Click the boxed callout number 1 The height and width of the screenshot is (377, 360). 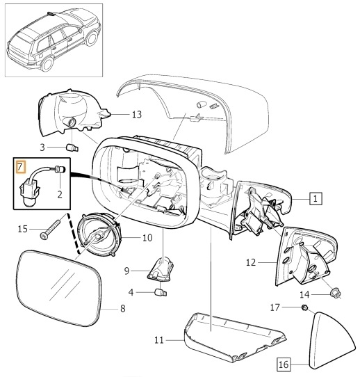[316, 198]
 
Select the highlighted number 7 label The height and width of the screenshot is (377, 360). [20, 167]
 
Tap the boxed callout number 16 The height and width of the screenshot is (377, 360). [284, 364]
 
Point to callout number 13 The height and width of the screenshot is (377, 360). [137, 115]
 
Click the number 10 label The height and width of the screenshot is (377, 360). [147, 238]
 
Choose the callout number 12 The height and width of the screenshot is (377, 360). [251, 262]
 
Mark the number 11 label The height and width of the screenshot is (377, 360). [158, 340]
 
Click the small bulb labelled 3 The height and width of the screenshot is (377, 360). [72, 147]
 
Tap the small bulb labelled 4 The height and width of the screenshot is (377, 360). [161, 293]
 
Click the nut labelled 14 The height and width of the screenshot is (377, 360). [335, 293]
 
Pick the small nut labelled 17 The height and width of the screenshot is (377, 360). [304, 307]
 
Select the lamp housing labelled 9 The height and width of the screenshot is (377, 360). [161, 268]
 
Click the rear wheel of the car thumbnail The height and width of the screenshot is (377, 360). [47, 64]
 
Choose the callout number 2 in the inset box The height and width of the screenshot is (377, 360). [60, 194]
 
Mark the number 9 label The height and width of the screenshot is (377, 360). [126, 271]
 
